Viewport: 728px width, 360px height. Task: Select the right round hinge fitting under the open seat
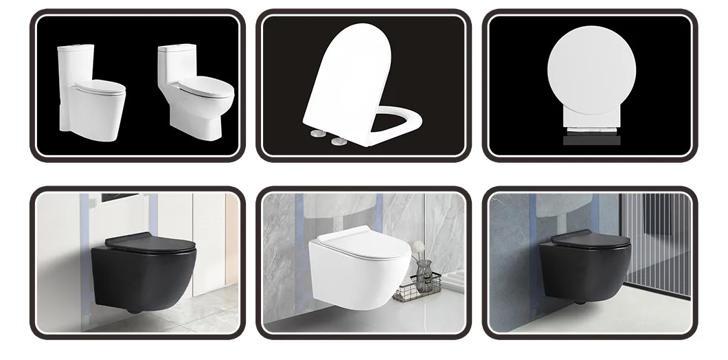click(x=339, y=141)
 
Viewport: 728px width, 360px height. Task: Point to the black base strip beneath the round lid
click(x=591, y=140)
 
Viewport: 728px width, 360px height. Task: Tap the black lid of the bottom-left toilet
click(x=150, y=243)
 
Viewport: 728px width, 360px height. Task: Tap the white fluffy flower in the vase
click(x=418, y=246)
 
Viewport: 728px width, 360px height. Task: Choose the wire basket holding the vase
click(x=416, y=292)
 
